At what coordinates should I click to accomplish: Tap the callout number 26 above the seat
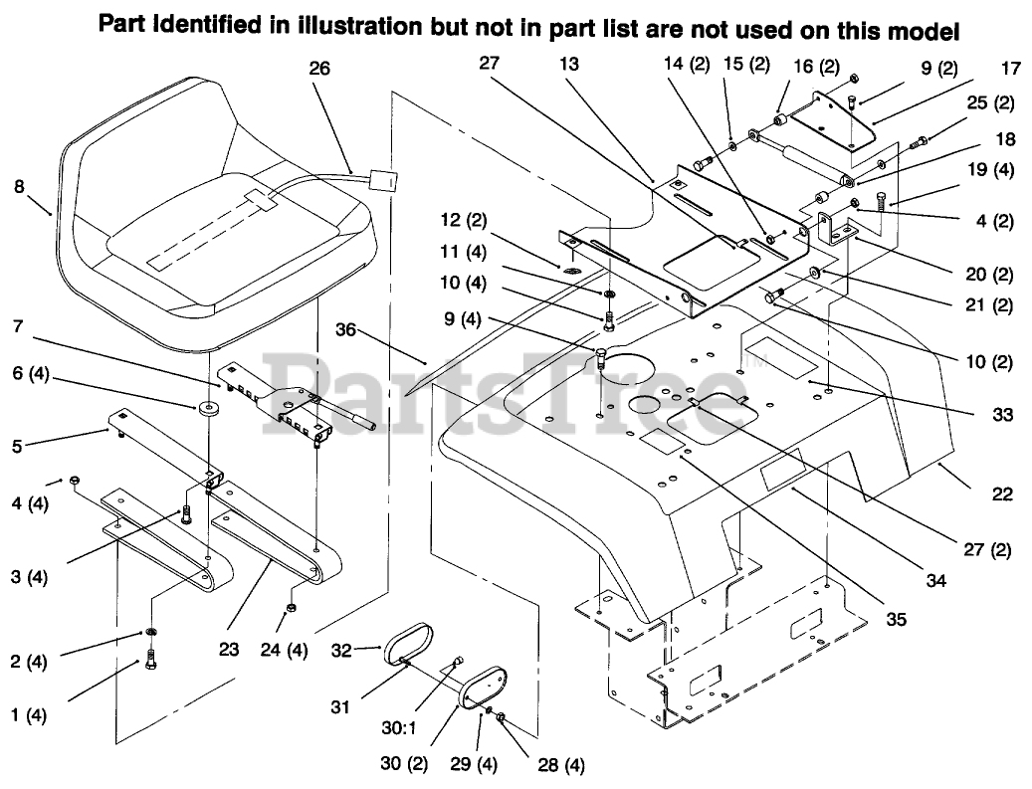click(319, 69)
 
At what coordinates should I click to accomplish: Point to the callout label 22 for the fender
click(1002, 493)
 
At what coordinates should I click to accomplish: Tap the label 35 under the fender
click(897, 619)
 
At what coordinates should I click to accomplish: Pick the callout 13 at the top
click(568, 64)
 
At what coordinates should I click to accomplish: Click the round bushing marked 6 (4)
click(209, 409)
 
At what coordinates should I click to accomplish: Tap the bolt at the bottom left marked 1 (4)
click(150, 659)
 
